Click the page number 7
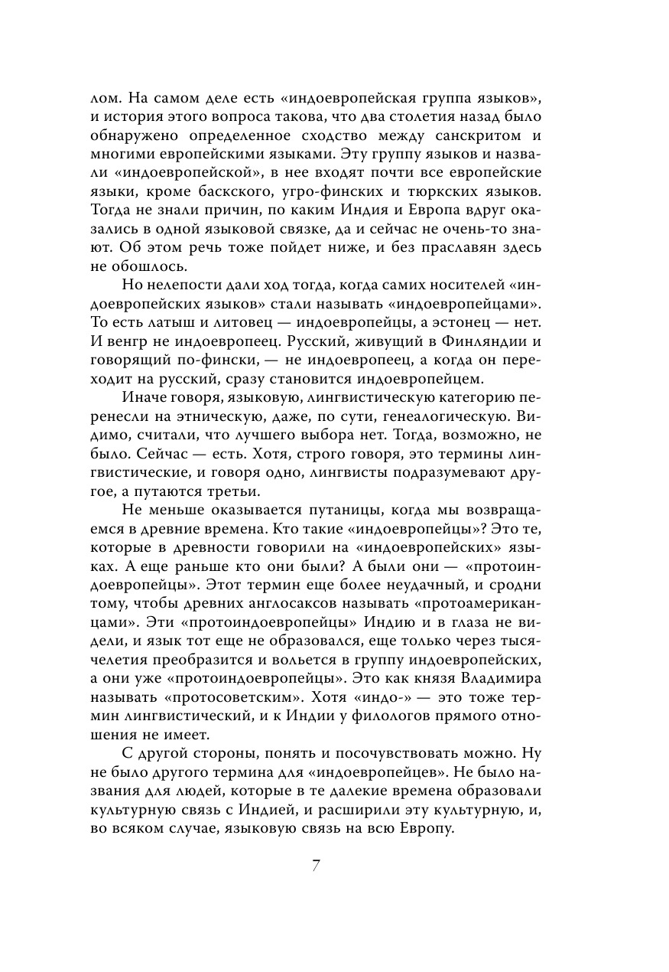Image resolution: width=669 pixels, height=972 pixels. point(315,866)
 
